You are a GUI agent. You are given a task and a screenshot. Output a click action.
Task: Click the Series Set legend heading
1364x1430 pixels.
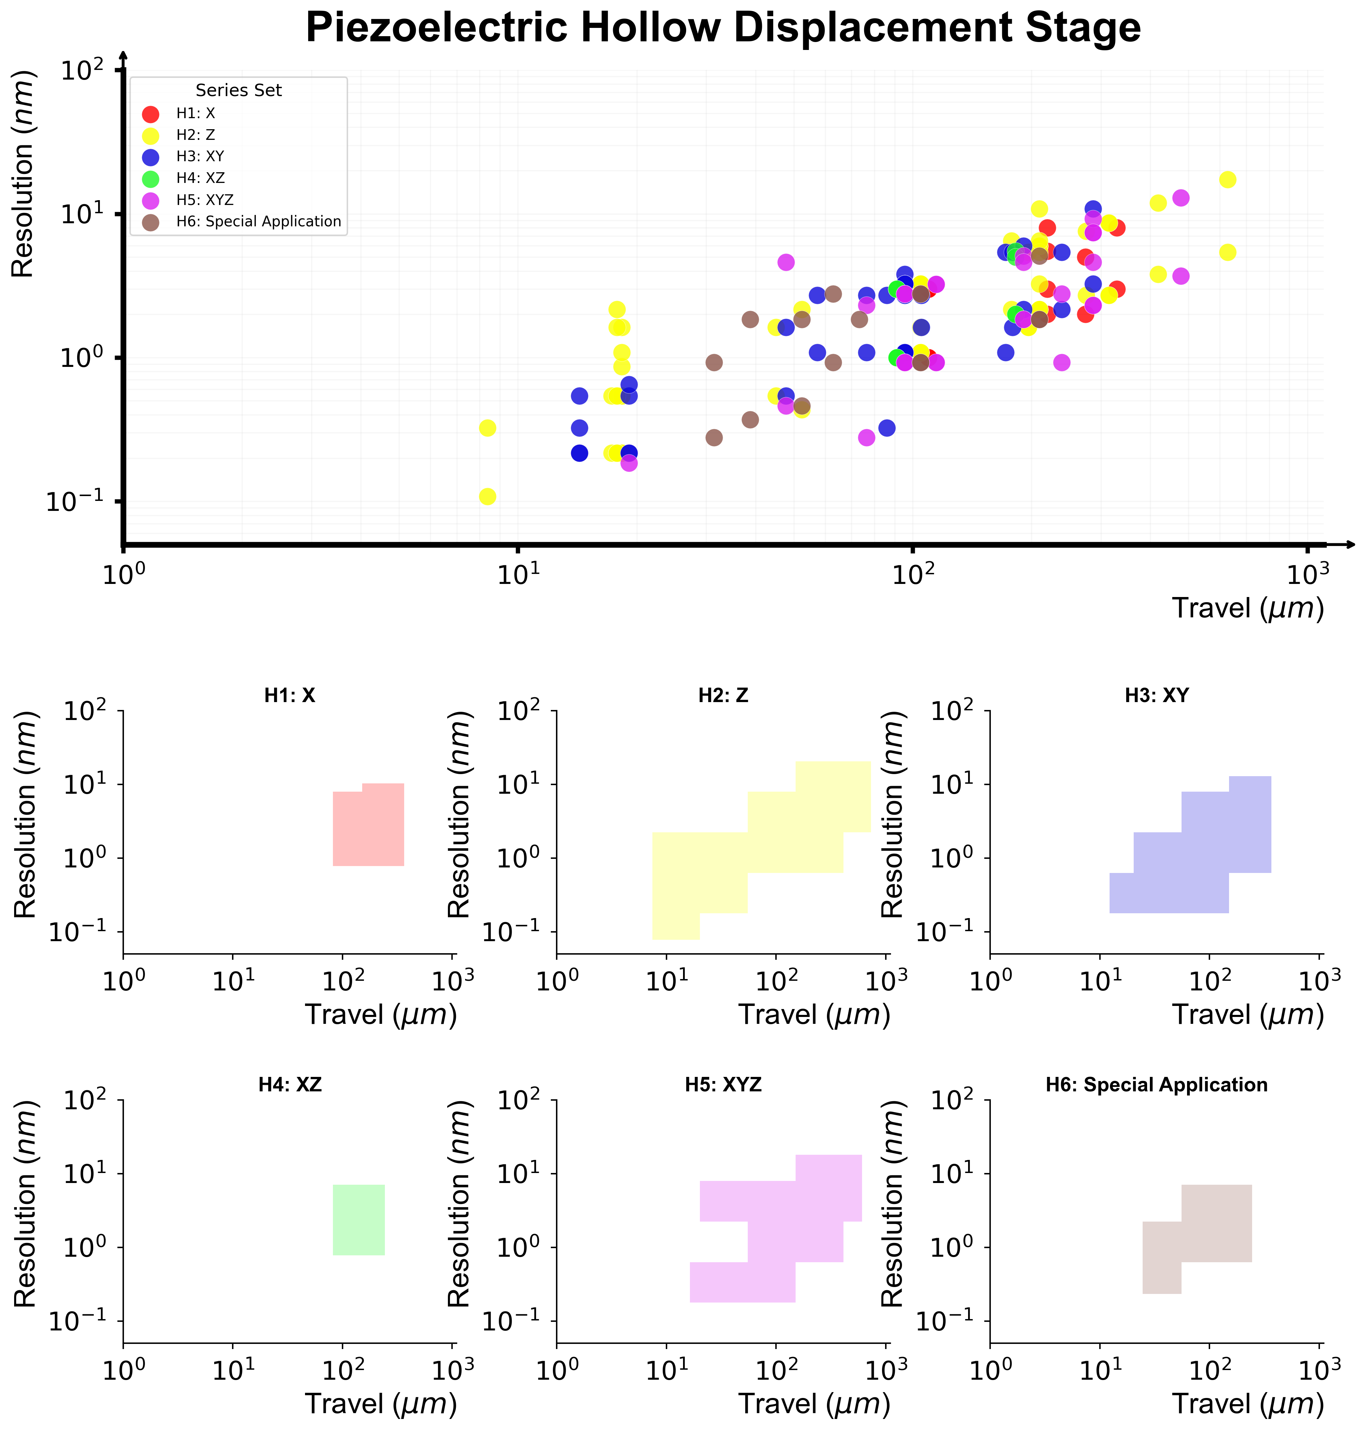239,90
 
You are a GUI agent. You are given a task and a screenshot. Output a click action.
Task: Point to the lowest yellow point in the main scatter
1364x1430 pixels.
488,497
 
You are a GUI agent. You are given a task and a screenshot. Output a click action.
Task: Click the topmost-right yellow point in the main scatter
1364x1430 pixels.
1227,180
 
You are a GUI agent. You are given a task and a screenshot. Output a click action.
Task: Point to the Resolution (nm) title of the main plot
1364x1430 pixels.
23,175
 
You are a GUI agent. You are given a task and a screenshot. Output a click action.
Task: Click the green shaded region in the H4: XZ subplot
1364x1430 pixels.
358,1220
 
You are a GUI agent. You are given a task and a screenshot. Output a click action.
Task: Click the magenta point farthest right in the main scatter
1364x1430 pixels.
1181,198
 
